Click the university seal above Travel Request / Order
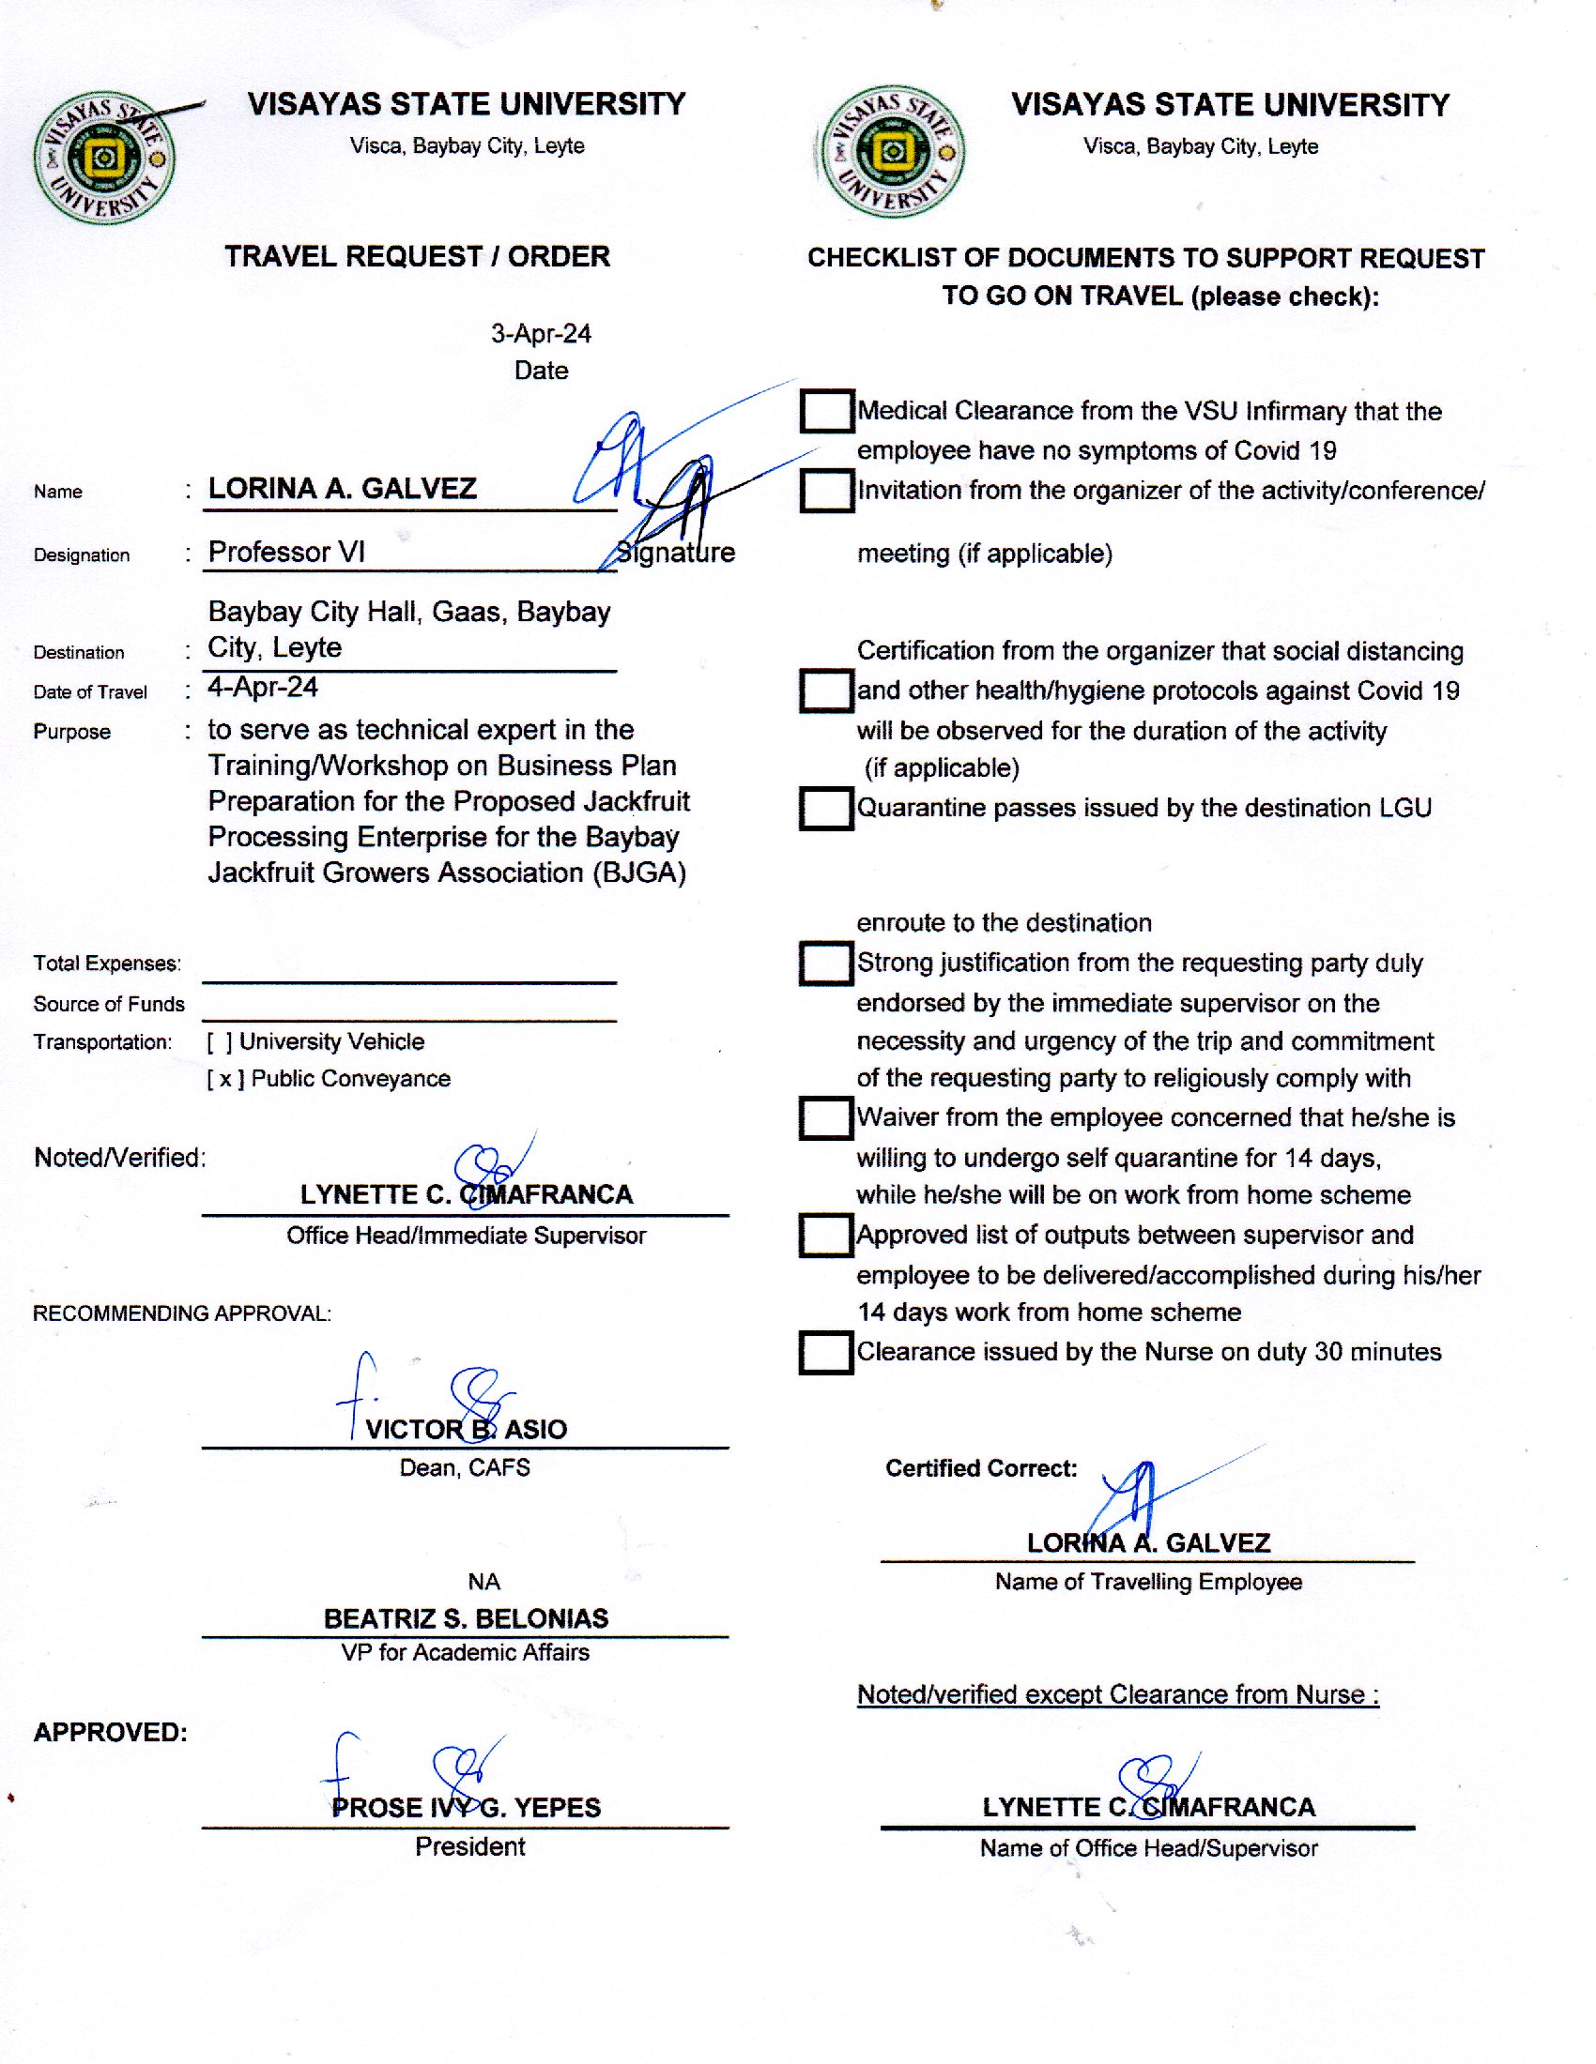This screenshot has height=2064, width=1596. (104, 159)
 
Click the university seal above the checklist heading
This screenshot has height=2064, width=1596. (893, 151)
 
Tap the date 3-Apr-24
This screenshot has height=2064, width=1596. (541, 334)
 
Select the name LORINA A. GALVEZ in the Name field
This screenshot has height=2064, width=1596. (343, 489)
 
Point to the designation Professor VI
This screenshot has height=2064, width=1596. (286, 552)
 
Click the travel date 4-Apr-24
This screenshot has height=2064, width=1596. (263, 687)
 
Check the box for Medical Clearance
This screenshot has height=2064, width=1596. (826, 411)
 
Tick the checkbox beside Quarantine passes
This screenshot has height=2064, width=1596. (826, 808)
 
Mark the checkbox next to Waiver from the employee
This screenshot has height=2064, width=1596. (825, 1118)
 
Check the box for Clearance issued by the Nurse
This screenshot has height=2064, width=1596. (825, 1352)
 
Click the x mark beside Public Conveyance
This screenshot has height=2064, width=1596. (225, 1079)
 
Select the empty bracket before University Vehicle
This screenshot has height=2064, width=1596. (220, 1042)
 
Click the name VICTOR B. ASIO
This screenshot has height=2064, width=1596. (467, 1429)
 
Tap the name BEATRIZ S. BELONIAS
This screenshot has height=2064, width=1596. (467, 1619)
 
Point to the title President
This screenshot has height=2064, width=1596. (470, 1846)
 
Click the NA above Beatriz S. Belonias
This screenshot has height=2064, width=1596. (484, 1582)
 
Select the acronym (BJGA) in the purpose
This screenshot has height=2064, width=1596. (639, 873)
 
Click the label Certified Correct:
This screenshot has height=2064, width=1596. (981, 1468)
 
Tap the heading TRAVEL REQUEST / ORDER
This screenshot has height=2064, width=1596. (417, 256)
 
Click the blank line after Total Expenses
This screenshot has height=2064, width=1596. (408, 972)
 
